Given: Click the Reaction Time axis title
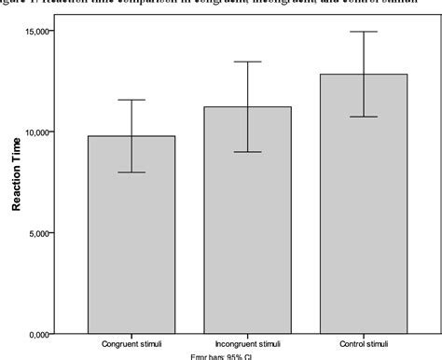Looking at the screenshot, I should [x=17, y=182].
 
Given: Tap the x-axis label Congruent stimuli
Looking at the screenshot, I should [x=131, y=343].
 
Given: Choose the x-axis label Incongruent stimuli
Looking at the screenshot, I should [x=248, y=343].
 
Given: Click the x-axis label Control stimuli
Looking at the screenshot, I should [x=364, y=343].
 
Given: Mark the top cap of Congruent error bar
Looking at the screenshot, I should [x=131, y=100].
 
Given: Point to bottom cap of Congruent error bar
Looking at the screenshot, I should [x=131, y=173].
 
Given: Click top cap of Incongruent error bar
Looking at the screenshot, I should [x=248, y=62].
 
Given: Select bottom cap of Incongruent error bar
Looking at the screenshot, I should [x=248, y=151].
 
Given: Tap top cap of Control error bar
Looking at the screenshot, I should [x=364, y=32].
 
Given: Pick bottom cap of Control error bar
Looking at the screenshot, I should [x=364, y=117].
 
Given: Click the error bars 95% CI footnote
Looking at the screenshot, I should [x=222, y=356].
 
